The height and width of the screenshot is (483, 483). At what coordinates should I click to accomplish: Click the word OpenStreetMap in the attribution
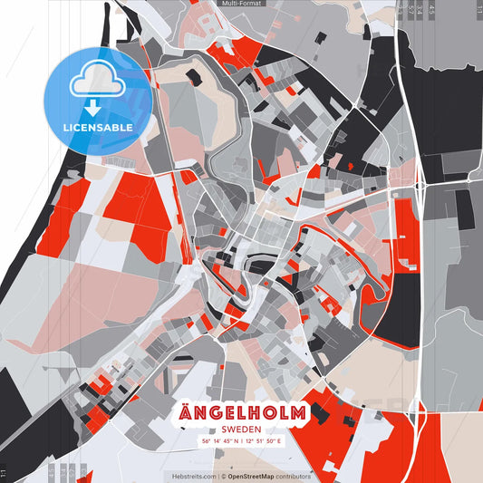(251, 476)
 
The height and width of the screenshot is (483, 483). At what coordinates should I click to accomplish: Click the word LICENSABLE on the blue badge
(98, 128)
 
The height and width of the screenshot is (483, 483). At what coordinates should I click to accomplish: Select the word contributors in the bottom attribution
(294, 476)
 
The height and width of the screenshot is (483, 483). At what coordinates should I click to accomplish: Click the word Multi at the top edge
(231, 4)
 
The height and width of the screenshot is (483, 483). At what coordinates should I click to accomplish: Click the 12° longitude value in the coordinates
(248, 441)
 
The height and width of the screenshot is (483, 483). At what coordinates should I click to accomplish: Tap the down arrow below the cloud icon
(97, 106)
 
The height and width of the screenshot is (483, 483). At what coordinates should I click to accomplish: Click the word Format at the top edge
(250, 4)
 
